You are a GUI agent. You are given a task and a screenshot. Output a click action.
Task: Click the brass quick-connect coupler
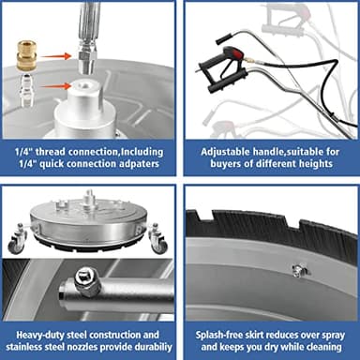[26, 55]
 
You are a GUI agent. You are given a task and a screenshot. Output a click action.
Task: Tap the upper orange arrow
[55, 56]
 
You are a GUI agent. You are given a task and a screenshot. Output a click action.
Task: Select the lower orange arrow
[56, 85]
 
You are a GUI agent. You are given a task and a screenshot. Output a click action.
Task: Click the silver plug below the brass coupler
[26, 91]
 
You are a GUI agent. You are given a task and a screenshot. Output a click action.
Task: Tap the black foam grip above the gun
[222, 40]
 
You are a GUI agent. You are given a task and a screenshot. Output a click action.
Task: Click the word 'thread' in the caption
[50, 152]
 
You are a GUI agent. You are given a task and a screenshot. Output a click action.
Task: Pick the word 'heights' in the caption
[315, 164]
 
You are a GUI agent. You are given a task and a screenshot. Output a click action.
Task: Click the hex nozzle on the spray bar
[86, 278]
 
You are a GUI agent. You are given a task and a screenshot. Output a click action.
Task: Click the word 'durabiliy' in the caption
[153, 347]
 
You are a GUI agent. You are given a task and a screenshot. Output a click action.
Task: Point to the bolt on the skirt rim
[298, 271]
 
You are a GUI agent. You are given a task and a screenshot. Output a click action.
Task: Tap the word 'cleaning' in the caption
[323, 347]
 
